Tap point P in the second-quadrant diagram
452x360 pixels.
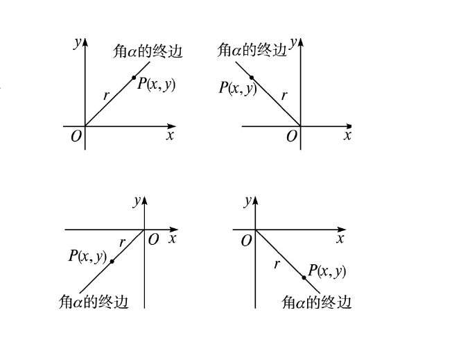(x=251, y=76)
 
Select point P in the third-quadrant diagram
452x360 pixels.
(x=112, y=262)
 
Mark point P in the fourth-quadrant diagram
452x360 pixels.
(x=304, y=277)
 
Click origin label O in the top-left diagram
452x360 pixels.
(x=76, y=136)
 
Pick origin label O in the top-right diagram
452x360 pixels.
(x=292, y=136)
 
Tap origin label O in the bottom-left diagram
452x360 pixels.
(x=154, y=239)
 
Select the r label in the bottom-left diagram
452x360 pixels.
(x=123, y=242)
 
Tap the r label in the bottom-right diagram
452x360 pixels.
(x=276, y=264)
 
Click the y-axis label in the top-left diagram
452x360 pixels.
(x=76, y=42)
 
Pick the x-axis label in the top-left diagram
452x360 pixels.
(x=170, y=135)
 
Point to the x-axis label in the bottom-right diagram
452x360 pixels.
(x=340, y=239)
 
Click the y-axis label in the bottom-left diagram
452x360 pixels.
(x=137, y=200)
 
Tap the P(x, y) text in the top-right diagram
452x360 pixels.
(x=238, y=87)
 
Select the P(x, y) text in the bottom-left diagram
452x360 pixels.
(x=87, y=255)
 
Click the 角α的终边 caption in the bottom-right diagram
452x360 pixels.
(x=317, y=302)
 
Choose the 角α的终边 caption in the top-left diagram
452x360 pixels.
(x=148, y=51)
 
